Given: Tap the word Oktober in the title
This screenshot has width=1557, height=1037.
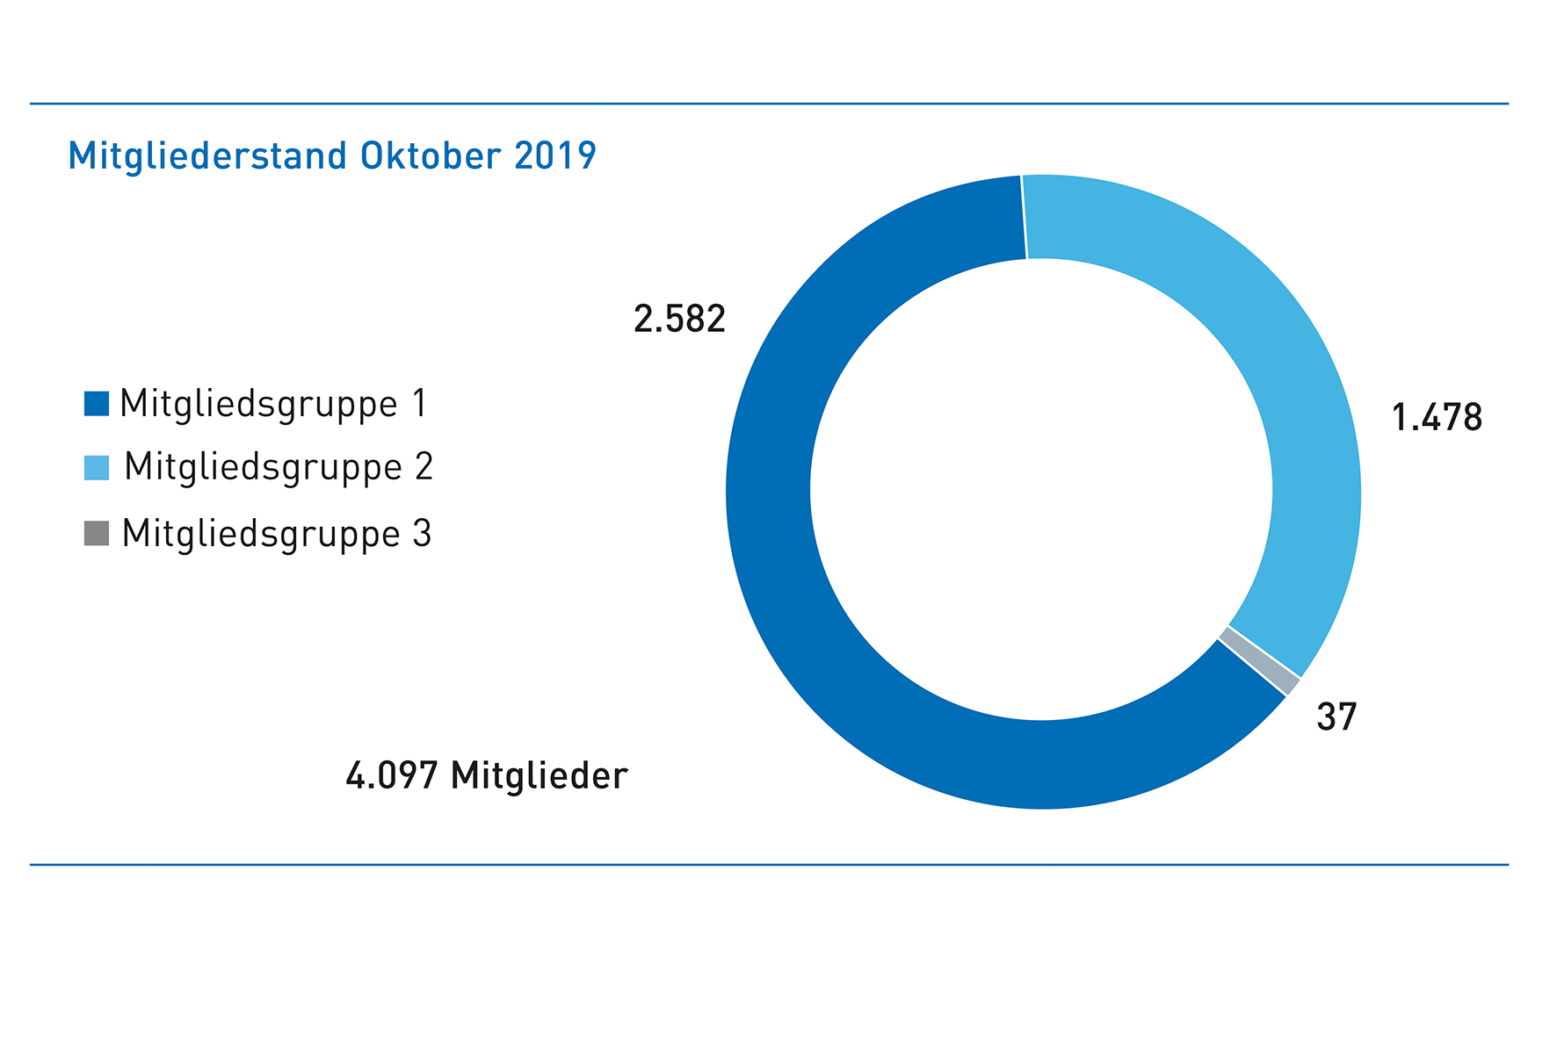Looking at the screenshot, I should pyautogui.click(x=431, y=156).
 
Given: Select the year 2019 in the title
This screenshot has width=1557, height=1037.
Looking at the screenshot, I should pyautogui.click(x=555, y=156).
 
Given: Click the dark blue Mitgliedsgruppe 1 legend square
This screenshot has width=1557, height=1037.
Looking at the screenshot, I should pyautogui.click(x=97, y=403).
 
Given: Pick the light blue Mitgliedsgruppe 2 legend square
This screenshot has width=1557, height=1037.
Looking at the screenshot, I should pyautogui.click(x=97, y=468).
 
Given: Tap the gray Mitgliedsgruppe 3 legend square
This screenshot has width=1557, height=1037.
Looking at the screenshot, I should pyautogui.click(x=97, y=533).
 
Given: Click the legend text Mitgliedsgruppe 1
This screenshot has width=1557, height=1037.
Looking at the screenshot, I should pyautogui.click(x=272, y=405).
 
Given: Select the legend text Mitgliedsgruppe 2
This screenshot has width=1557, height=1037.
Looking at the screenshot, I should pyautogui.click(x=278, y=468).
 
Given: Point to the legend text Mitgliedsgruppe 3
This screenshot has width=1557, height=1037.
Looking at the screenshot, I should pyautogui.click(x=276, y=534).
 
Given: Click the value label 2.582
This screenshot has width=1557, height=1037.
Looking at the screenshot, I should pyautogui.click(x=679, y=319).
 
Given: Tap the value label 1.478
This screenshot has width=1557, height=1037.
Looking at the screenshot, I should pyautogui.click(x=1437, y=417).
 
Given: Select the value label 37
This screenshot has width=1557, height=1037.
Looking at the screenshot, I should pyautogui.click(x=1336, y=717).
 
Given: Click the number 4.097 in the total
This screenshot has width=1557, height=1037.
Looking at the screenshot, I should pyautogui.click(x=392, y=776).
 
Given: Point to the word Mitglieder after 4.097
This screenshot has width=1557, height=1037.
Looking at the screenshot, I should pyautogui.click(x=539, y=776).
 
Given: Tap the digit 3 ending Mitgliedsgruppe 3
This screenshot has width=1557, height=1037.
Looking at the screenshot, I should pyautogui.click(x=422, y=534).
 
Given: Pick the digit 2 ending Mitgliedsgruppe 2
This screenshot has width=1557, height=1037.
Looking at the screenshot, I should pyautogui.click(x=424, y=467).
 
